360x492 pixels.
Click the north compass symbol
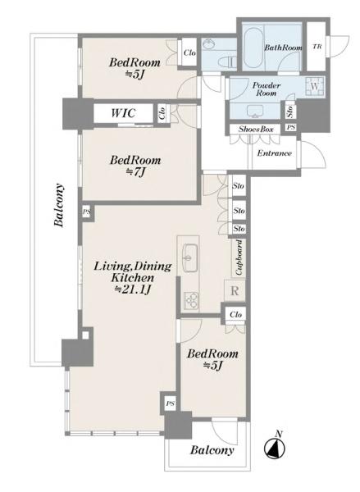click(x=275, y=446)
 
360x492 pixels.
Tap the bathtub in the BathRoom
click(x=253, y=48)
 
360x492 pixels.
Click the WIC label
click(x=123, y=112)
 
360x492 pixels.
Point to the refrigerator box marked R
click(x=235, y=291)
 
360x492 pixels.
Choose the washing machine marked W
click(x=314, y=86)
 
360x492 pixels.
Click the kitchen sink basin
click(x=188, y=258)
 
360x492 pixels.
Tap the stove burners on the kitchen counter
click(x=190, y=300)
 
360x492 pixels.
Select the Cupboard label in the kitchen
click(x=239, y=257)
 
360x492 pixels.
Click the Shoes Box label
click(x=256, y=129)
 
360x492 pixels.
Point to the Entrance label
click(x=274, y=153)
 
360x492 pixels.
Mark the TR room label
click(x=317, y=47)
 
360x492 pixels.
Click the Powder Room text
click(x=267, y=89)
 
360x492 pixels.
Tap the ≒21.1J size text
click(x=133, y=289)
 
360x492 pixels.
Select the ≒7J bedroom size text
click(x=136, y=171)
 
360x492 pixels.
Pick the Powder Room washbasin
click(x=254, y=111)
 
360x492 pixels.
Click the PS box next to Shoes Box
click(x=291, y=127)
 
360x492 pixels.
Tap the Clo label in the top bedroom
click(x=189, y=52)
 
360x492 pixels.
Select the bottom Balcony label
click(x=212, y=450)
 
